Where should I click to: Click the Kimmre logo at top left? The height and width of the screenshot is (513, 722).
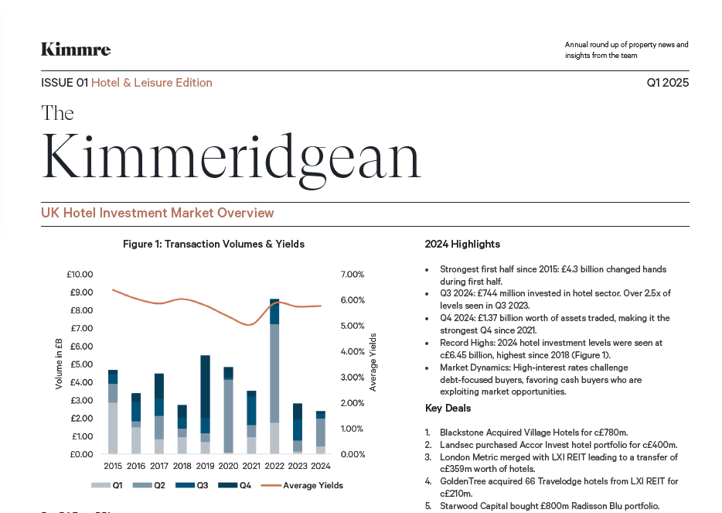[x=76, y=50]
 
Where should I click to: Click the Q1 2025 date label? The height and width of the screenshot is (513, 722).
[x=667, y=83]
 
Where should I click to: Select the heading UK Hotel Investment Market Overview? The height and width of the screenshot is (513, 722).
[x=158, y=213]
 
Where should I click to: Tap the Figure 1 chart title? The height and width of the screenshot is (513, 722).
[x=213, y=245]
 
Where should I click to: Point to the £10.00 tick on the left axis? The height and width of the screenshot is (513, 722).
[x=80, y=275]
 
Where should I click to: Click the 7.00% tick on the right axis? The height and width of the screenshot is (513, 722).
[x=352, y=275]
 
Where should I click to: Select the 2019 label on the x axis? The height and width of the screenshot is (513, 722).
[x=205, y=466]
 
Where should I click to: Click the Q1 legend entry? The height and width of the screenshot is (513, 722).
[x=107, y=486]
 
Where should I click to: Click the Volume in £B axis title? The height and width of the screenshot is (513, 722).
[x=59, y=364]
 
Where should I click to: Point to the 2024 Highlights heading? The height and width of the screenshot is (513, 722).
[x=462, y=245]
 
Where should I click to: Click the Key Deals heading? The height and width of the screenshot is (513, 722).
[x=448, y=409]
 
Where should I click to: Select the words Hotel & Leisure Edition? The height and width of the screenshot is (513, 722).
[x=152, y=83]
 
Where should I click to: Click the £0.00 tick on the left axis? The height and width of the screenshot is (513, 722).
[x=80, y=454]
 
